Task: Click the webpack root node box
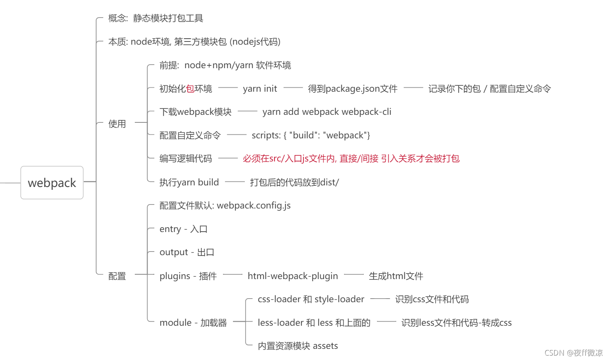(x=52, y=183)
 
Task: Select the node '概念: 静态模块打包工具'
(x=156, y=18)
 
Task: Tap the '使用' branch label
(x=117, y=124)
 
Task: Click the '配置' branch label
(x=117, y=276)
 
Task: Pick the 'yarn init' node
(x=260, y=89)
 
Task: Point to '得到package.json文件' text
(x=353, y=89)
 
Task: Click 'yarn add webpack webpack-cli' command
(x=327, y=112)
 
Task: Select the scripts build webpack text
(x=311, y=136)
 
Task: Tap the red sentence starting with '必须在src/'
(x=351, y=159)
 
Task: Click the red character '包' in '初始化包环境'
(x=190, y=89)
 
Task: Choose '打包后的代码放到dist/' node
(x=294, y=183)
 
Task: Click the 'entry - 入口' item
(x=183, y=229)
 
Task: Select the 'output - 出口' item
(x=187, y=252)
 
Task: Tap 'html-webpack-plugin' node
(x=293, y=276)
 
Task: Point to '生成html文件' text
(x=396, y=276)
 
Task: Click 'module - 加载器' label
(x=193, y=323)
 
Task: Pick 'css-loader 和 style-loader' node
(x=311, y=299)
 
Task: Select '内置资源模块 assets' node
(x=298, y=346)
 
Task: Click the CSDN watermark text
(x=573, y=353)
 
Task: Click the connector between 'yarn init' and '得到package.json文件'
(x=293, y=88)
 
